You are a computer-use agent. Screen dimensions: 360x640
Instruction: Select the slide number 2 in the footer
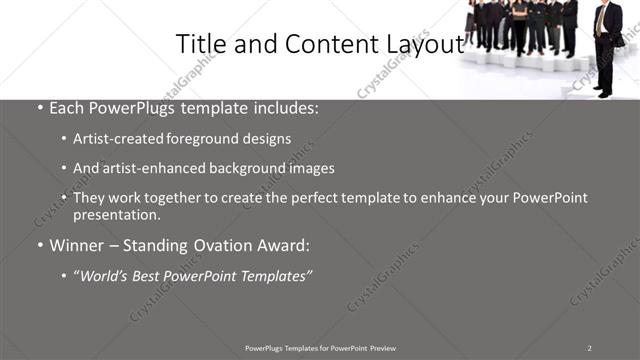pos(589,347)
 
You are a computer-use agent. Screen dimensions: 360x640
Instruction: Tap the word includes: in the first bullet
pos(285,107)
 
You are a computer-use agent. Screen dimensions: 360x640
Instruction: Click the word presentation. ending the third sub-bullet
pos(117,215)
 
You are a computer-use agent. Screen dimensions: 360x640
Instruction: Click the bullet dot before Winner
pos(38,245)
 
